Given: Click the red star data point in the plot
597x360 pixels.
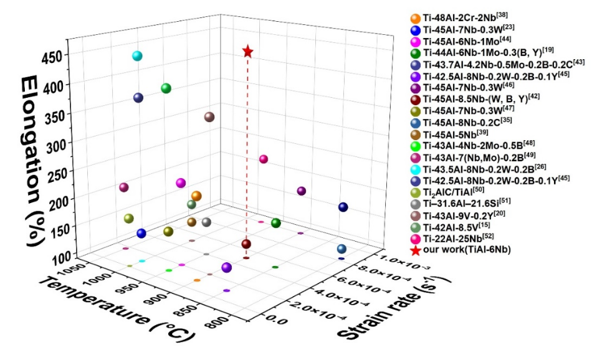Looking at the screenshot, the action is click(x=248, y=51).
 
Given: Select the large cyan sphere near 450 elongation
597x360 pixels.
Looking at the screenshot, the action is click(x=137, y=56).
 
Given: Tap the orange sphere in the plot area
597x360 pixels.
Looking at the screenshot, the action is click(x=196, y=196).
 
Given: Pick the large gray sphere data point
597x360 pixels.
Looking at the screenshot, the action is click(x=206, y=222).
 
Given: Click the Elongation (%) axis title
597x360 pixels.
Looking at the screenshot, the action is click(x=34, y=160).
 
